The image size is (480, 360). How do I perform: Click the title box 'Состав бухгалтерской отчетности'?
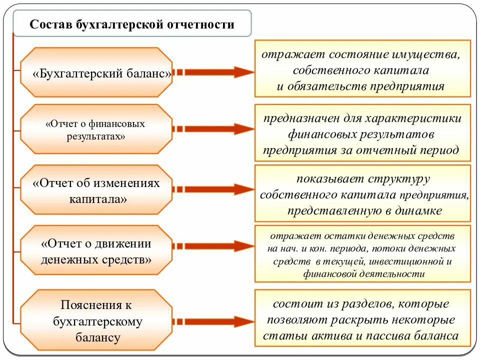(x=132, y=24)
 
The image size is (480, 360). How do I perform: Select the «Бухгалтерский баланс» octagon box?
(x=96, y=73)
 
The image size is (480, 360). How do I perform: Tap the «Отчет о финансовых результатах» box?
(x=96, y=129)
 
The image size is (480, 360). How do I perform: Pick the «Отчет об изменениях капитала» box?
(x=96, y=190)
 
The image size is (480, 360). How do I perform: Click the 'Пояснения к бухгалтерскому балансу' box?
(x=96, y=321)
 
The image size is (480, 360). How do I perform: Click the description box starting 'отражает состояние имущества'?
(x=362, y=68)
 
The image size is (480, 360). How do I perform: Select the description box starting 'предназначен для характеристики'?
(x=362, y=133)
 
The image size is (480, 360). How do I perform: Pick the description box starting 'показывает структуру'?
(x=362, y=193)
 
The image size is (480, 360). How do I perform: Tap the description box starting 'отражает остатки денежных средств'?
(x=362, y=254)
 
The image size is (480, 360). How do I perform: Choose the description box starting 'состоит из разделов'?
(x=362, y=318)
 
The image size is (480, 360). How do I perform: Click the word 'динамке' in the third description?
(x=419, y=210)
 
